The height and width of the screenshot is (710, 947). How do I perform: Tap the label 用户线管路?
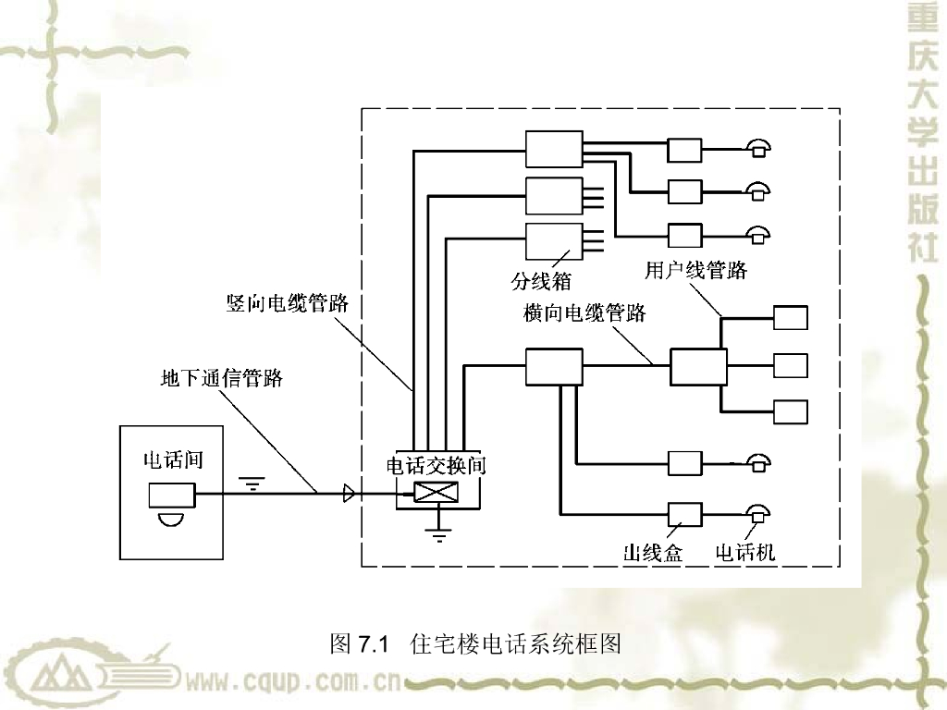click(695, 270)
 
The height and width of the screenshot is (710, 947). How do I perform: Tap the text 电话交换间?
click(436, 464)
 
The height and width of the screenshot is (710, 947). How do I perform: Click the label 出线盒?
click(653, 553)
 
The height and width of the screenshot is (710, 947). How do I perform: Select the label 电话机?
click(745, 553)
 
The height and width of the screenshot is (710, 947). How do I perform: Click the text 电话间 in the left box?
click(172, 459)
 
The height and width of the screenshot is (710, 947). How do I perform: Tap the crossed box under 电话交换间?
click(436, 493)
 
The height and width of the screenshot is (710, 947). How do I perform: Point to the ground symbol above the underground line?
click(252, 482)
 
